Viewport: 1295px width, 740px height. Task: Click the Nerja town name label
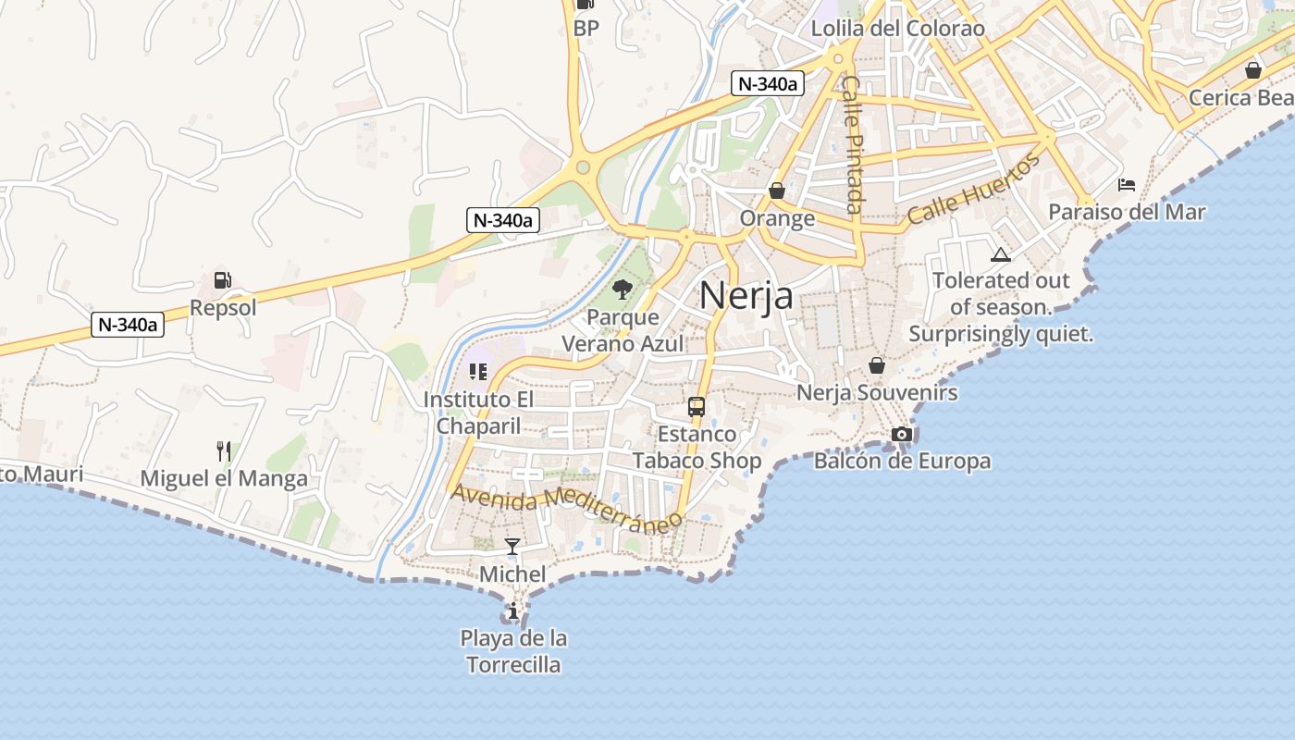[x=746, y=296]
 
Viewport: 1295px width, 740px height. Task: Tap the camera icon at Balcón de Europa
[x=902, y=434]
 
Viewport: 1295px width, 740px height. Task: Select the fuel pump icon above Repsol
[x=222, y=279]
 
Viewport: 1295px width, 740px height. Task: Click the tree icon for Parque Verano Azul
[x=623, y=290]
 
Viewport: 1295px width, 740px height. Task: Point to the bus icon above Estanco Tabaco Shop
[x=697, y=406]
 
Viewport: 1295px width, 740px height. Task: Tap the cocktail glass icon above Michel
[x=512, y=546]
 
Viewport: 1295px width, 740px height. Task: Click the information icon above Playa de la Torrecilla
[x=513, y=610]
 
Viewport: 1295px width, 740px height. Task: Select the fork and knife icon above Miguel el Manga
[x=223, y=451]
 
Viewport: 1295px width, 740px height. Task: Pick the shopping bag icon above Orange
[x=777, y=191]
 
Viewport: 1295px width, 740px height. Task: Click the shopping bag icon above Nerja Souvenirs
[x=877, y=365]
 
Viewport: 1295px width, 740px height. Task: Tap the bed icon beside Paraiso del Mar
[x=1127, y=184]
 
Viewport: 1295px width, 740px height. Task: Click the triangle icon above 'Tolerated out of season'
[x=1000, y=254]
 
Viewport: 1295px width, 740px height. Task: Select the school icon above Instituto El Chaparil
[x=477, y=372]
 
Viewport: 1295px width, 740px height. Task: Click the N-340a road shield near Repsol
[x=129, y=325]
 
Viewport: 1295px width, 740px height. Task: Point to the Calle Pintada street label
[x=852, y=144]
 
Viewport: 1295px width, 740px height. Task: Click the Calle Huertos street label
[x=973, y=190]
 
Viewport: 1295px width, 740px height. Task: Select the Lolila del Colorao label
[x=897, y=29]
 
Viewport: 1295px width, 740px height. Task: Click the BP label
[x=586, y=29]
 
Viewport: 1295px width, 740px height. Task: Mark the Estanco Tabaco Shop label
[x=697, y=447]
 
